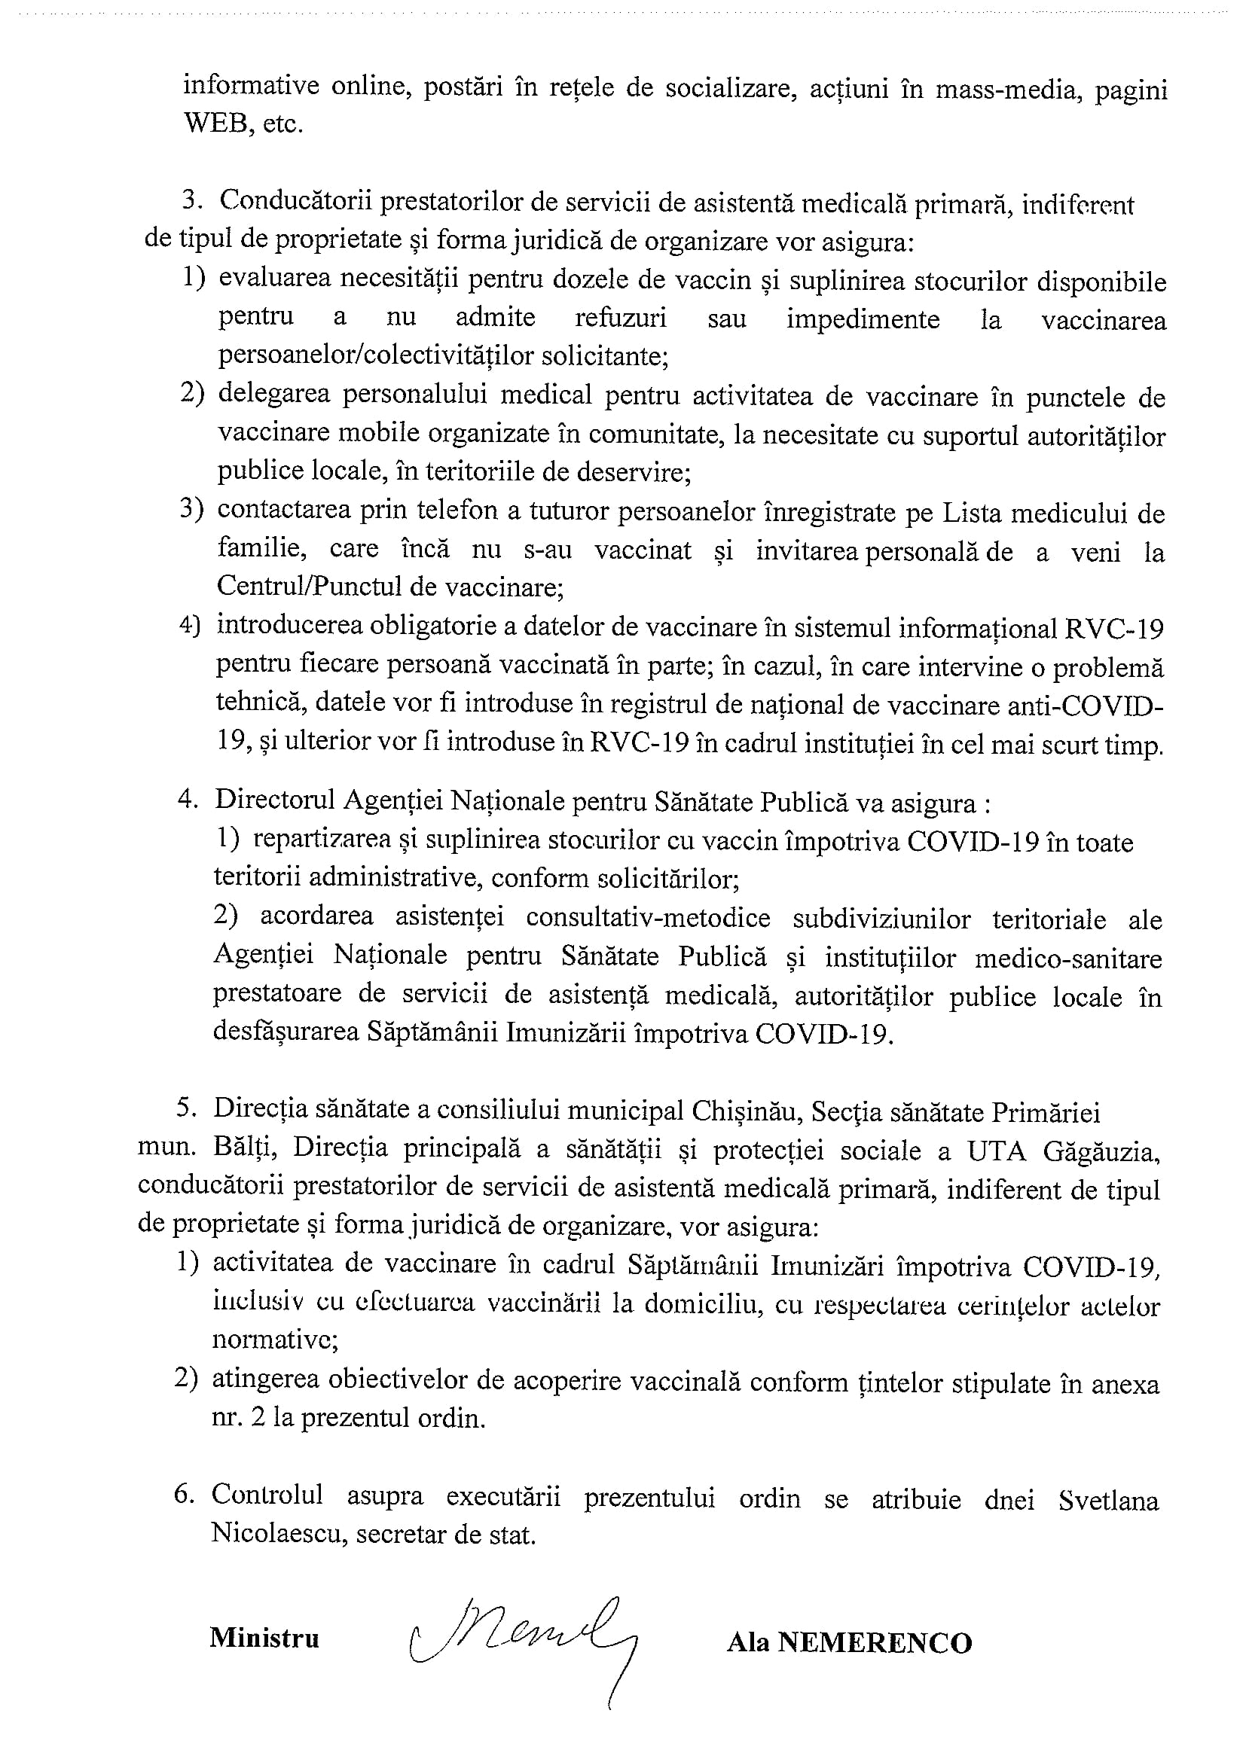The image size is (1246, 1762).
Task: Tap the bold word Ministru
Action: click(264, 1639)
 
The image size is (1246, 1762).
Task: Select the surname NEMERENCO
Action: click(875, 1642)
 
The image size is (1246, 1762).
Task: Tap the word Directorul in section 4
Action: click(273, 800)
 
